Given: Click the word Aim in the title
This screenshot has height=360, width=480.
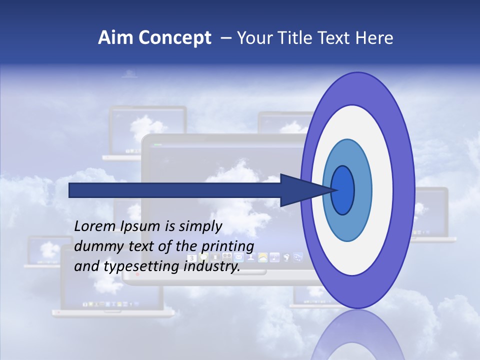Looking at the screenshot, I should click(x=115, y=38).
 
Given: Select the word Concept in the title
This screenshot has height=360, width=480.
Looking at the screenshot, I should click(x=174, y=38).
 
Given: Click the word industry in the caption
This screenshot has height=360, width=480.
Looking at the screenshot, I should click(x=211, y=266).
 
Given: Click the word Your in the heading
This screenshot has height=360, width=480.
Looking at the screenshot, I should click(x=253, y=38).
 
